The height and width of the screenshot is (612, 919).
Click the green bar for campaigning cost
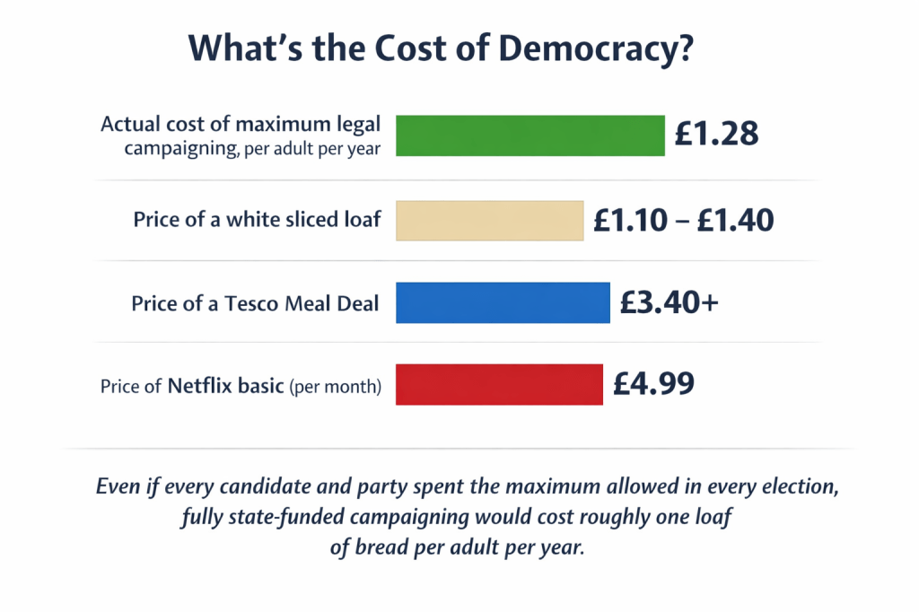(530, 136)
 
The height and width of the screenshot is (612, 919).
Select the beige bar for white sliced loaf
(489, 220)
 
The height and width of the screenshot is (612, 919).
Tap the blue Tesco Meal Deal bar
(503, 303)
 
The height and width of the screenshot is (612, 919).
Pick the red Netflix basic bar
(499, 384)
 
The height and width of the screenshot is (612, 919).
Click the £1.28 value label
(717, 135)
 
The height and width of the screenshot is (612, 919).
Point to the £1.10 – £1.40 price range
(683, 219)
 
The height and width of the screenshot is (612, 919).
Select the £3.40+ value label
(669, 303)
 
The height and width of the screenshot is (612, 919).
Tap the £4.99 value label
(653, 384)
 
